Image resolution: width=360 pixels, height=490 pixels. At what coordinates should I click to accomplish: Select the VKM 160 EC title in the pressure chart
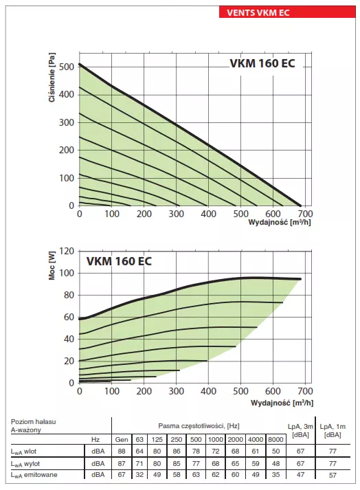(262, 65)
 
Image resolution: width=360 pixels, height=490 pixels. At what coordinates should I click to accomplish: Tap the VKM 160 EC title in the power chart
(119, 261)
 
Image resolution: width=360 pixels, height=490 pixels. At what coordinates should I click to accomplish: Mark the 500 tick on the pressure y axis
(66, 67)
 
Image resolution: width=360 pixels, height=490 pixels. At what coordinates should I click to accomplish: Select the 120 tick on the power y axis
(66, 251)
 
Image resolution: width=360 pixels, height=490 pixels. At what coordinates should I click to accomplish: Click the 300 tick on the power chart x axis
(177, 391)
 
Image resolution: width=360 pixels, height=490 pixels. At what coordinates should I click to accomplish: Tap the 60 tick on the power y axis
(68, 317)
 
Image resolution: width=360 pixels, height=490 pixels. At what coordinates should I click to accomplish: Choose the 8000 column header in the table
(275, 438)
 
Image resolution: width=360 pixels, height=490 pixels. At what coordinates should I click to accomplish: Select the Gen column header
(122, 438)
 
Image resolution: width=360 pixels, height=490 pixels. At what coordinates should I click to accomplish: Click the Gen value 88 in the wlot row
(122, 451)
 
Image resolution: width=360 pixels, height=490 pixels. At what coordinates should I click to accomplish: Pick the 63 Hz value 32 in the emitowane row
(140, 474)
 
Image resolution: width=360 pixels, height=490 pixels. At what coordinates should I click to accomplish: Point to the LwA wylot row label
(30, 463)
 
